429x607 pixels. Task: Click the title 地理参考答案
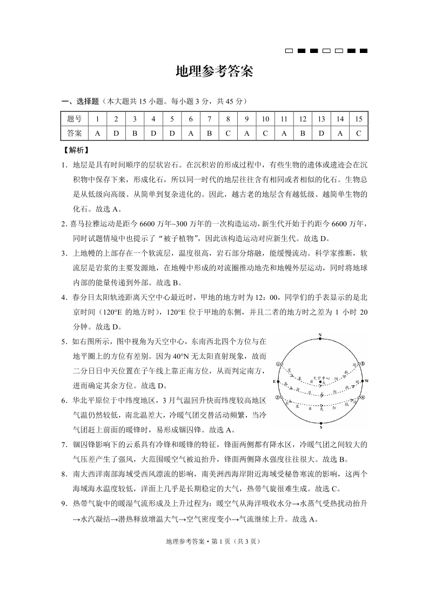pos(215,72)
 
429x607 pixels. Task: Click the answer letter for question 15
pos(359,133)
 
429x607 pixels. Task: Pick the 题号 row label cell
pos(75,119)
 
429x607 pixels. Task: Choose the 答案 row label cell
pos(75,133)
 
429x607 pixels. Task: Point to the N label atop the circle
pos(320,335)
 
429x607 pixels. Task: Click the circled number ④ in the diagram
pos(363,398)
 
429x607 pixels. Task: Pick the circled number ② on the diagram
pos(278,397)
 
